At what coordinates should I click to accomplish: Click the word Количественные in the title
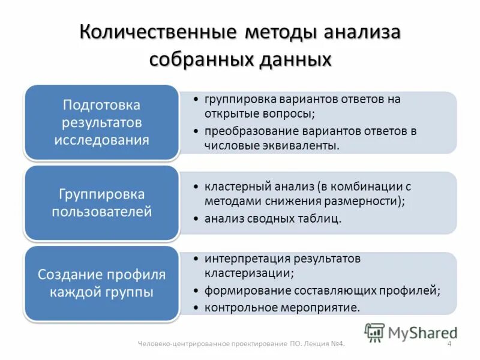point(158,33)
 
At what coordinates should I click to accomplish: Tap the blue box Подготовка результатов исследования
point(101,122)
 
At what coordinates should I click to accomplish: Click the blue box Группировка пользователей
point(101,203)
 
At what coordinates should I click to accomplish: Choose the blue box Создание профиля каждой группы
point(101,283)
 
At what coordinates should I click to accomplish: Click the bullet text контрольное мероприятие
point(282,307)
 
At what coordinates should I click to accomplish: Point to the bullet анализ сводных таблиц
point(272,219)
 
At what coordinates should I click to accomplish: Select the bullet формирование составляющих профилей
point(322,290)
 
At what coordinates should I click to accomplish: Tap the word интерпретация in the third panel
point(239,259)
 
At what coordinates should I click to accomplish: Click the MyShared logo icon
point(374,332)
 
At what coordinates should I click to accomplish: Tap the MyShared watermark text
point(422,332)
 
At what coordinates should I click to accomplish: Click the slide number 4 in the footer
point(449,344)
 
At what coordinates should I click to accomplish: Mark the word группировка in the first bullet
point(234,99)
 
